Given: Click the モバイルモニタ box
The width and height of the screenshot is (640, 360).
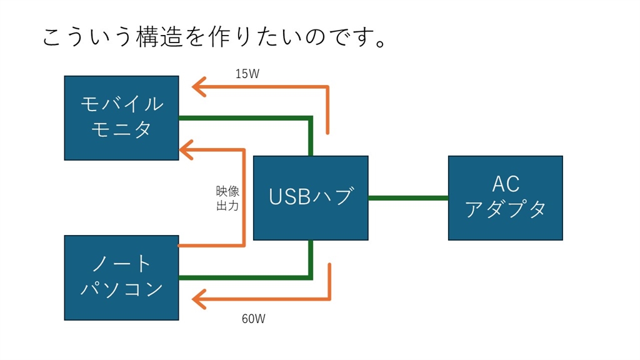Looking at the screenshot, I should [121, 117].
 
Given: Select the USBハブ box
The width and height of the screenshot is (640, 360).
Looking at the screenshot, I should [310, 197].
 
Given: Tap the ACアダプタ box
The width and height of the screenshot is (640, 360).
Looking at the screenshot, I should [505, 197].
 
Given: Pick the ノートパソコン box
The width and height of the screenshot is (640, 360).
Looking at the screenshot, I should [121, 277].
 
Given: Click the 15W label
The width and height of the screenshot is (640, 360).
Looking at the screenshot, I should [247, 74].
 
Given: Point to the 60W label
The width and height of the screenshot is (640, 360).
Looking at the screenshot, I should [253, 319].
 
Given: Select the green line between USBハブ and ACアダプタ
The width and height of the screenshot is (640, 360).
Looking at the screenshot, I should [407, 197].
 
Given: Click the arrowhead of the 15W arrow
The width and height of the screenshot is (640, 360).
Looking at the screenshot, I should [199, 87].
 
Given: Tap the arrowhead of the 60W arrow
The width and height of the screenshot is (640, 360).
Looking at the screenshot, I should [199, 299].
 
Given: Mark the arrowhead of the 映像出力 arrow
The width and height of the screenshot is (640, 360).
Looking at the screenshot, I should [186, 149].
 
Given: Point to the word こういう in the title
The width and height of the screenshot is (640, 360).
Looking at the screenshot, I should [87, 37].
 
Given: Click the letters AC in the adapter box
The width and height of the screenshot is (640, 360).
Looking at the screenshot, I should [505, 184].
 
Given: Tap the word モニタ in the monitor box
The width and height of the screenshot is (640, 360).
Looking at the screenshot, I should [121, 130].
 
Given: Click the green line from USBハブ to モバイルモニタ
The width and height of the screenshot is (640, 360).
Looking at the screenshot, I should [250, 117].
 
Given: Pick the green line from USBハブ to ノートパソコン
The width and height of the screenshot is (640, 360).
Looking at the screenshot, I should [250, 277].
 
